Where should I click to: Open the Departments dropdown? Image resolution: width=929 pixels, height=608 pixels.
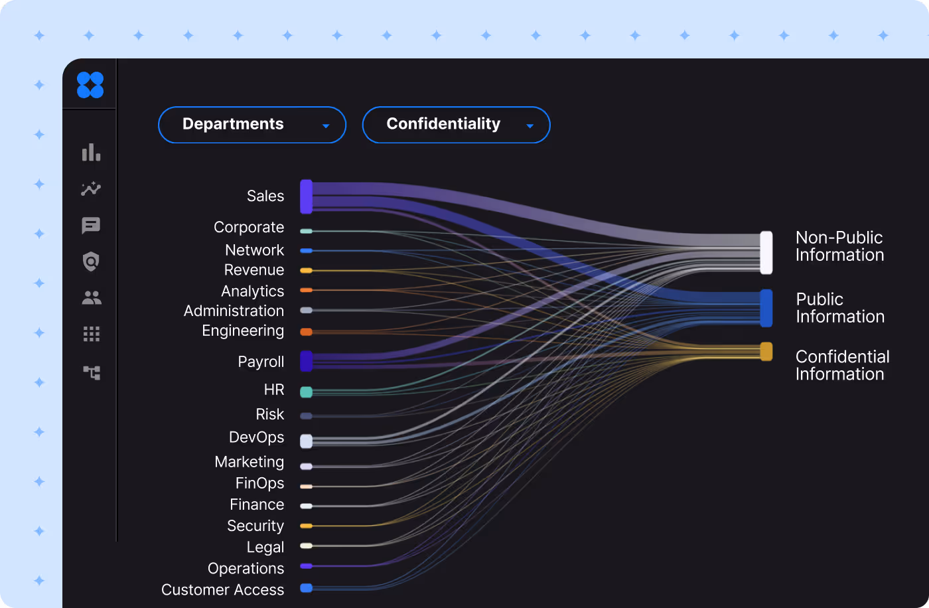coord(251,125)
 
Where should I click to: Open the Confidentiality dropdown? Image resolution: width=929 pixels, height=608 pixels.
coord(456,125)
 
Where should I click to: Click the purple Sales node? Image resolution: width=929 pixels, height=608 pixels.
coord(306,196)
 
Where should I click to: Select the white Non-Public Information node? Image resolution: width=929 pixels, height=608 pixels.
coord(766,252)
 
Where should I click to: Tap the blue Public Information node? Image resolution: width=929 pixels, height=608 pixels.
coord(766,308)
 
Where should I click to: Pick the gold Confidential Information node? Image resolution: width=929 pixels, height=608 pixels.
coord(766,351)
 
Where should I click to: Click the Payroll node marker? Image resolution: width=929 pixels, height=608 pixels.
coord(306,361)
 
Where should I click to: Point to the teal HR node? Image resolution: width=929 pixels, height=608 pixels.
coord(306,392)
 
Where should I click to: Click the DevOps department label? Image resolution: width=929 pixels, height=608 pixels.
coord(256,437)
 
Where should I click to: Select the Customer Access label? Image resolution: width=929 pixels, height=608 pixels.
coord(222,589)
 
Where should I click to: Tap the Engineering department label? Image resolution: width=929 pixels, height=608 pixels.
coord(243,331)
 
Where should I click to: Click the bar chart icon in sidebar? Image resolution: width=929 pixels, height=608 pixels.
coord(91,153)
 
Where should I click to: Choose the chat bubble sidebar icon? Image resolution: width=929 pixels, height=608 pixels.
coord(91,226)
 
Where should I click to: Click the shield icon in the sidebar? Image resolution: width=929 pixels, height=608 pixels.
coord(91,262)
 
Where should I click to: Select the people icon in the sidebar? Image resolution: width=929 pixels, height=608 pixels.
coord(91,298)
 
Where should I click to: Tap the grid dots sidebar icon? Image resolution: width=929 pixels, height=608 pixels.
coord(91,334)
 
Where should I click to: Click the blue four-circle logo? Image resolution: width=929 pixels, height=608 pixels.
coord(90,85)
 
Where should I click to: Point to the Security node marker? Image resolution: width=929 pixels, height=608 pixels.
coord(306,526)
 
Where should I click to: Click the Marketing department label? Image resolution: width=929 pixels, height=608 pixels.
coord(249,462)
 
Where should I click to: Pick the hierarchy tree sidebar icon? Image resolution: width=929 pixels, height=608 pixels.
coord(92,372)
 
